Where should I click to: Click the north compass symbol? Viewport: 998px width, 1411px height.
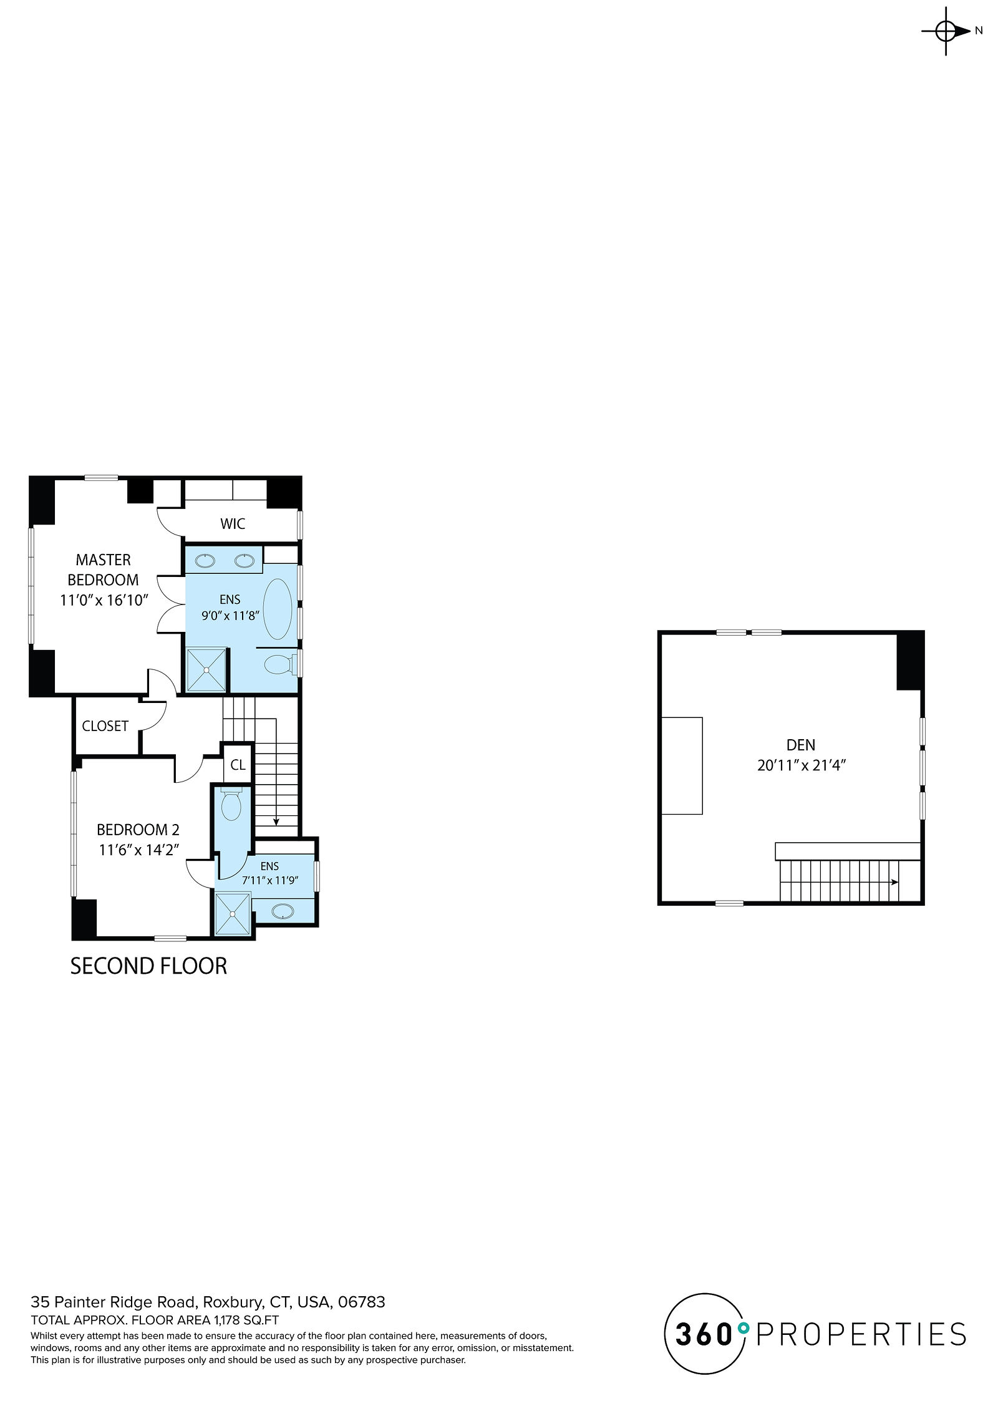[x=946, y=31]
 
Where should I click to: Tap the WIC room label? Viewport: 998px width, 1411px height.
[x=233, y=524]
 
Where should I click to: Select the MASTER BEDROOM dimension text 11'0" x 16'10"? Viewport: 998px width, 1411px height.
[x=104, y=600]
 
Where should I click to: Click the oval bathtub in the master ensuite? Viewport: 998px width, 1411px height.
[x=278, y=609]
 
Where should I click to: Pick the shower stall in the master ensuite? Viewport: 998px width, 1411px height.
[x=206, y=670]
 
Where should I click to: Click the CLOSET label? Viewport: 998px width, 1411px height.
[x=105, y=726]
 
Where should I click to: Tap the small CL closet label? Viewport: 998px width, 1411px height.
[x=238, y=765]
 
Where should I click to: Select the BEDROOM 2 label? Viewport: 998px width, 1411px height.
[x=138, y=830]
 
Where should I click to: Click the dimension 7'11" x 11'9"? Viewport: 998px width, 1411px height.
[x=270, y=881]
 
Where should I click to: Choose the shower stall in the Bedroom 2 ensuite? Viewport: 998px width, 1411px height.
[x=232, y=914]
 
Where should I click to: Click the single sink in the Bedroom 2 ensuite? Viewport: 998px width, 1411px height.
[x=284, y=911]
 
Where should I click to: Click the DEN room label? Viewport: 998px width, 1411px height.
[x=801, y=745]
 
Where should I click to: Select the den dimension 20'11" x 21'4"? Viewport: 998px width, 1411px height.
[x=801, y=765]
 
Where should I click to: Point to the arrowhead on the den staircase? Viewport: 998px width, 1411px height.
[x=895, y=882]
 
